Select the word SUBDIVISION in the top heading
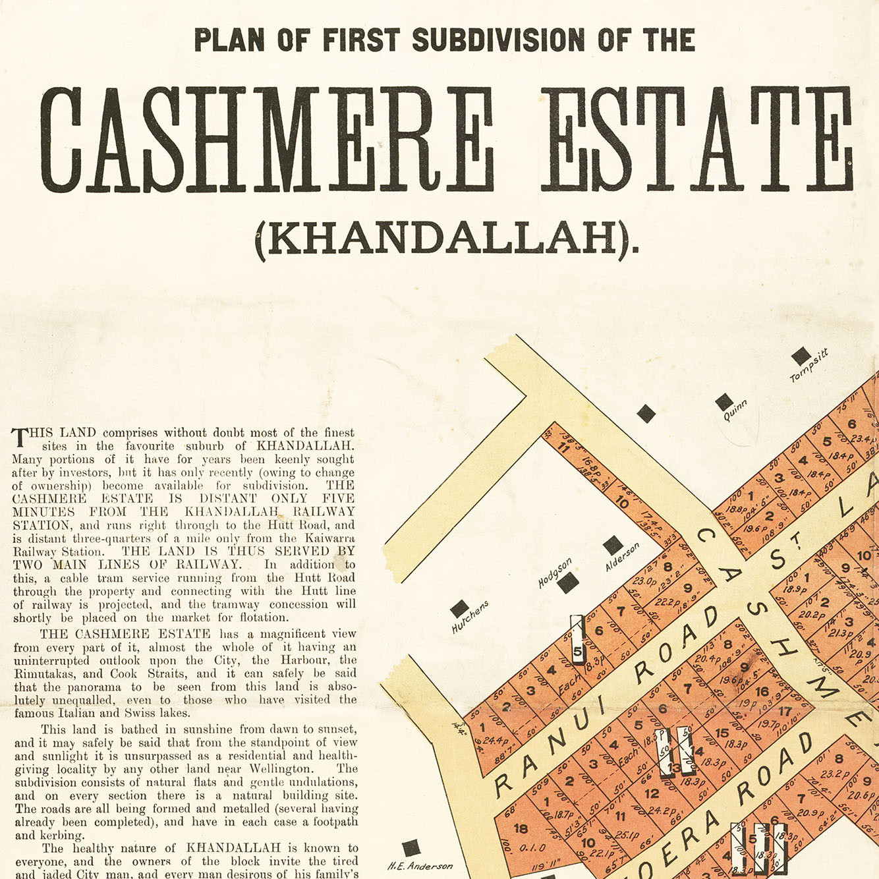[498, 40]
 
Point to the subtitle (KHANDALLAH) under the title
[447, 239]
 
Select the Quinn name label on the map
[735, 411]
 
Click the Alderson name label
[623, 557]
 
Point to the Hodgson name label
[555, 573]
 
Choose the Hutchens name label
[470, 617]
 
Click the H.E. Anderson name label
[420, 866]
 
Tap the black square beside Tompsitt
[801, 356]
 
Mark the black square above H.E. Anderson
[411, 848]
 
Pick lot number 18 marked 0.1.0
[521, 829]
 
